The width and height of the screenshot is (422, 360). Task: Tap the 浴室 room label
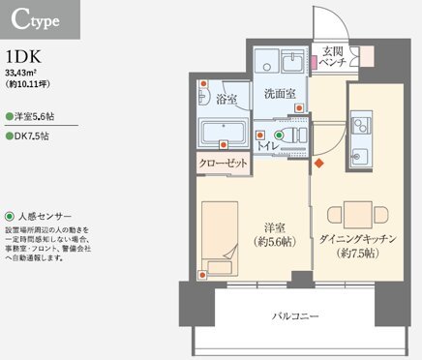tap(227, 100)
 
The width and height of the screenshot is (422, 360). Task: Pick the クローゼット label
tap(224, 165)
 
